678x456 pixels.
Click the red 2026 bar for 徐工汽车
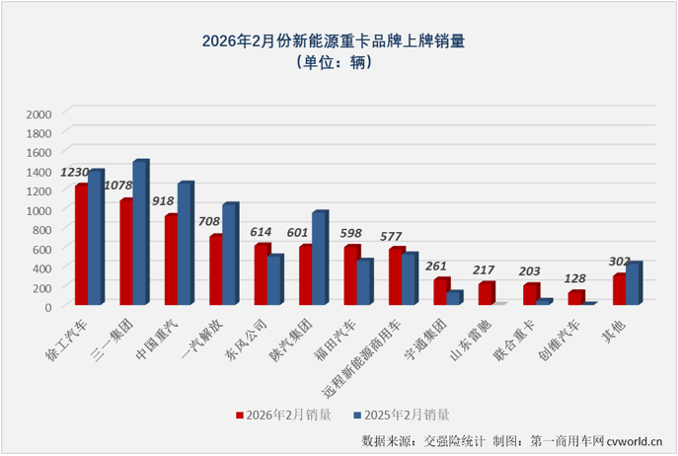81,244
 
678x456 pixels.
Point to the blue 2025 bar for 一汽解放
230,254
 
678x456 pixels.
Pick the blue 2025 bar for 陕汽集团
320,258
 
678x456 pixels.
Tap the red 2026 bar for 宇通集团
440,291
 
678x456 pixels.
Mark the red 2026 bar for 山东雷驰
485,293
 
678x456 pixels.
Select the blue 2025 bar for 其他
634,283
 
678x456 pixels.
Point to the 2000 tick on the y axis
38,114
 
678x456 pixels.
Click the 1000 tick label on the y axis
38,210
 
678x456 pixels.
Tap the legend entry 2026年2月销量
282,415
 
